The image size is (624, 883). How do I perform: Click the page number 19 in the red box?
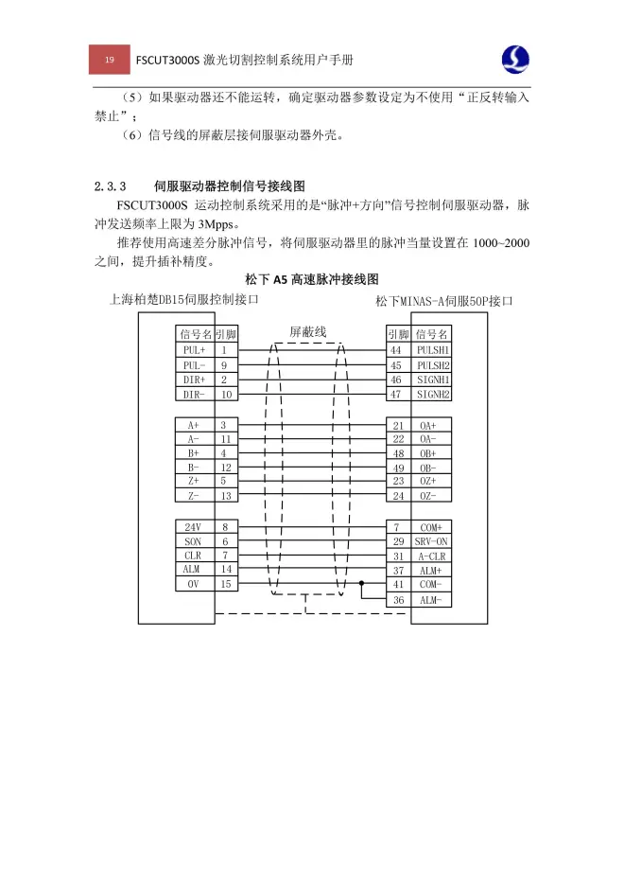click(x=110, y=61)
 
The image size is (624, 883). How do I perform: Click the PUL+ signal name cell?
click(x=195, y=350)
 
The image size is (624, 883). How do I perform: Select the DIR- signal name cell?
click(x=195, y=394)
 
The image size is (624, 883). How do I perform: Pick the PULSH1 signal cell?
click(x=433, y=350)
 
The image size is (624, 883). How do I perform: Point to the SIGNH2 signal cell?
click(x=433, y=394)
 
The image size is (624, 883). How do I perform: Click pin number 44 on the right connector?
click(x=396, y=350)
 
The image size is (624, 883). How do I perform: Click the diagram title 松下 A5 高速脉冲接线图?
click(x=311, y=279)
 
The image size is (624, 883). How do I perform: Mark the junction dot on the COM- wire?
click(x=362, y=584)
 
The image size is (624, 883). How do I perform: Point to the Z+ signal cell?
click(x=194, y=481)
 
